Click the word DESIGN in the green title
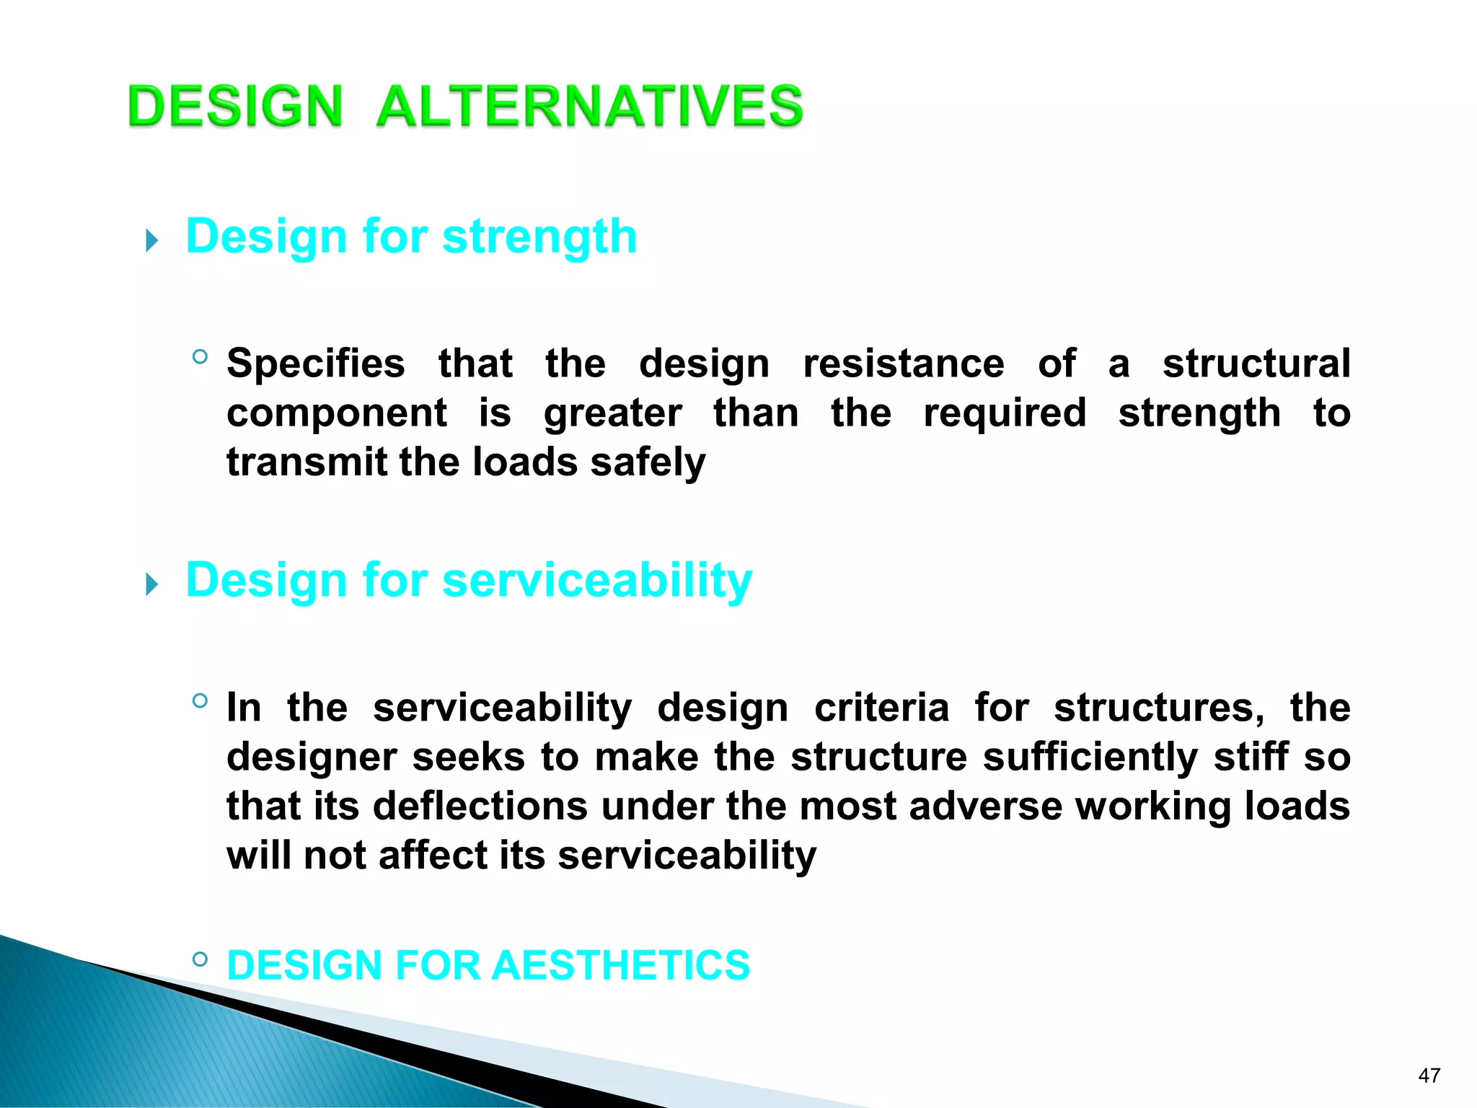235,106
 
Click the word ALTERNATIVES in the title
589,106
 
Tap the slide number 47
1429,1076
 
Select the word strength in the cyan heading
539,237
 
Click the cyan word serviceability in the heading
596,580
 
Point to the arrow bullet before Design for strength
151,240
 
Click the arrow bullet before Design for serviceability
151,584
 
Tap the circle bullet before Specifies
200,356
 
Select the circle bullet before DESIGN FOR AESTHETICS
200,959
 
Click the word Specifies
315,364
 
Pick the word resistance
903,364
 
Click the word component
337,413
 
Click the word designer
312,757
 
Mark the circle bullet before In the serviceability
200,700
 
